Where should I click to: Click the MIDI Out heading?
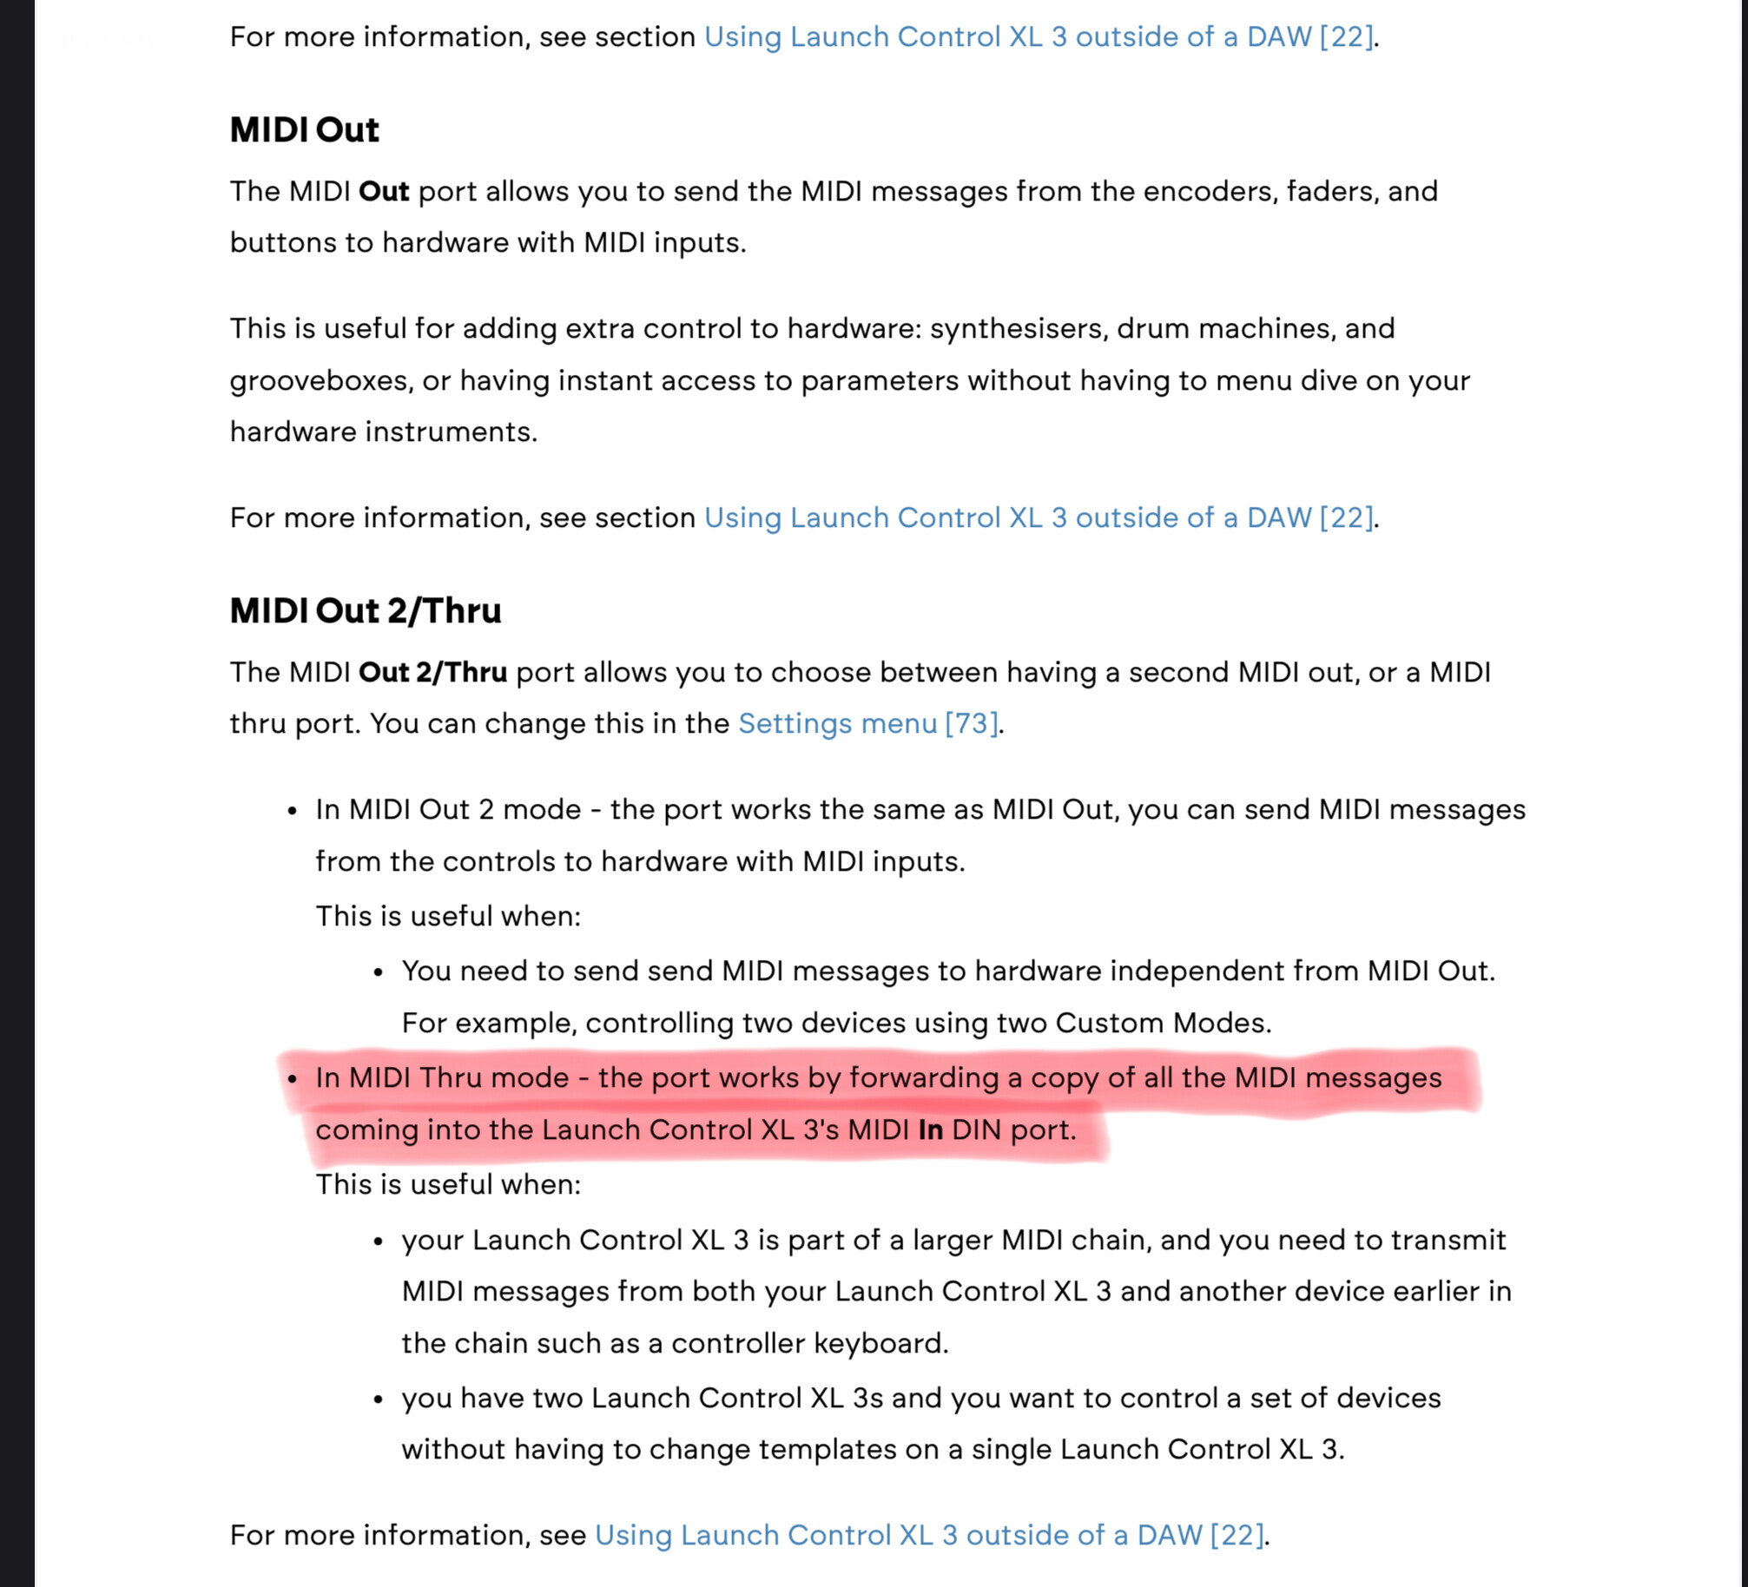coord(304,130)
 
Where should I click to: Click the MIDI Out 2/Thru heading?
coord(365,611)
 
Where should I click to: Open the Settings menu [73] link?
coord(867,723)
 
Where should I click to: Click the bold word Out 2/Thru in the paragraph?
coord(432,672)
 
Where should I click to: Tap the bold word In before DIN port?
coord(930,1129)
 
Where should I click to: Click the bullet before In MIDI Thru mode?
coord(293,1079)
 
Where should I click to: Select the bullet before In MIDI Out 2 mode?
coord(293,811)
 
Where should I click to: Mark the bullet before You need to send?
coord(379,972)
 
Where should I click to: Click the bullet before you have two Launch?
coord(379,1399)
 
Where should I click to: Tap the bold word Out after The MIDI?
coord(383,191)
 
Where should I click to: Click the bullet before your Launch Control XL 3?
coord(379,1241)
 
